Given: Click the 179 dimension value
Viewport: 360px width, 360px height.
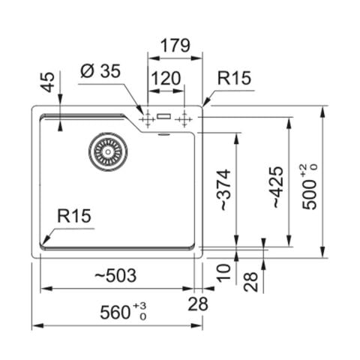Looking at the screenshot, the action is [x=175, y=46].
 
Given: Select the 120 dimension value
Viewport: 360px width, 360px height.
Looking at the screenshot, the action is [x=166, y=78].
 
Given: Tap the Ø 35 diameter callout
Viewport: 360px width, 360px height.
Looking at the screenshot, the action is [x=100, y=70].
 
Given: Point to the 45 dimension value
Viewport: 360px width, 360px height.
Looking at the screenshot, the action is [x=47, y=82].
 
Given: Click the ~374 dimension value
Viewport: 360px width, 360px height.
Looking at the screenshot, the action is [x=225, y=190].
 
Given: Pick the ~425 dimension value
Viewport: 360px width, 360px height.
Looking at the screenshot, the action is [x=277, y=187].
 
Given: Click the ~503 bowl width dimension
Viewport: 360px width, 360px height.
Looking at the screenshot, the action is [x=115, y=275].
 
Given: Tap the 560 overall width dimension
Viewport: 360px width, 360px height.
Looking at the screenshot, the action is [x=115, y=312].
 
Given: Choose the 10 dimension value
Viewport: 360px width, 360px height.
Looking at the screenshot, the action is [x=223, y=273].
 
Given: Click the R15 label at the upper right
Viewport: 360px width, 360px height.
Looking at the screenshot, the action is [x=234, y=78].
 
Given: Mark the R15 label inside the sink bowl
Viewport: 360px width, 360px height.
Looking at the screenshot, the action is [x=74, y=216].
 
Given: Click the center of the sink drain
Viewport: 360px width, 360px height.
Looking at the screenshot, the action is [x=108, y=151].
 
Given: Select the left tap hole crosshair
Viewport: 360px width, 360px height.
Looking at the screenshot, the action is [x=148, y=119].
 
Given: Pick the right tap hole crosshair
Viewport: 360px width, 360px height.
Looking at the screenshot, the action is [x=184, y=119].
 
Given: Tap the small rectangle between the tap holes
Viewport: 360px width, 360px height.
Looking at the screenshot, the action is [x=164, y=116].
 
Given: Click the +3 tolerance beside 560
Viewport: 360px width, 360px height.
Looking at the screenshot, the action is [x=139, y=306].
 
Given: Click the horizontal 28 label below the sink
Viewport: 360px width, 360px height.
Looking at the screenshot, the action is [x=198, y=304].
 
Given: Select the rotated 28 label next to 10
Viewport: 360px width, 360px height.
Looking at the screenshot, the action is [x=250, y=282].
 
